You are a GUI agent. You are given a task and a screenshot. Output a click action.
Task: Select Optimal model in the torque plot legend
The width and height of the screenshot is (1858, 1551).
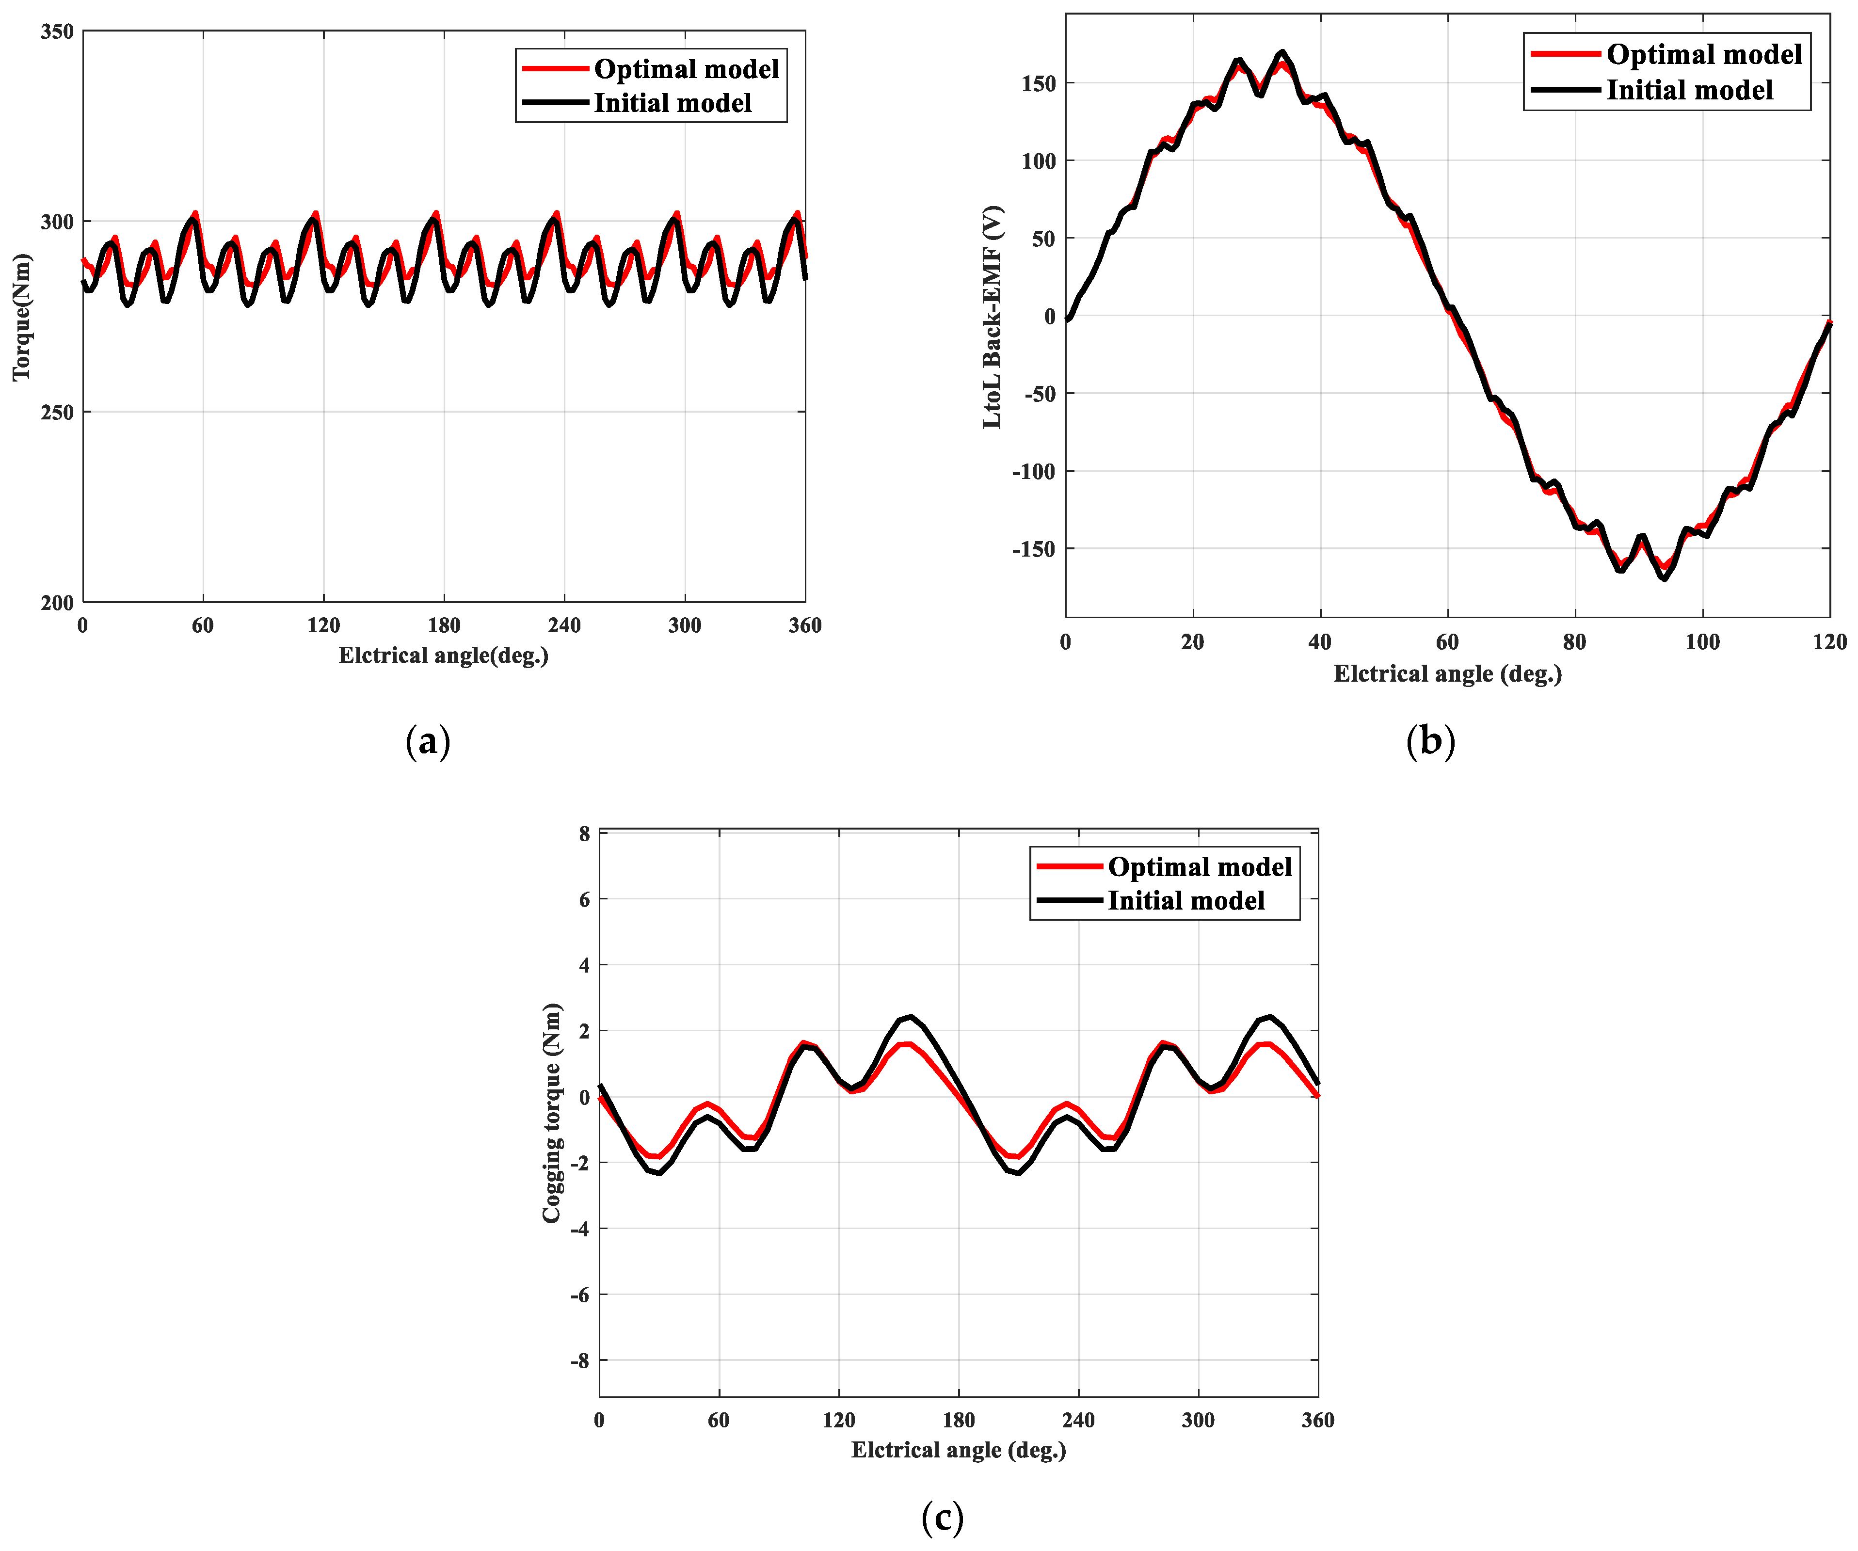coord(686,69)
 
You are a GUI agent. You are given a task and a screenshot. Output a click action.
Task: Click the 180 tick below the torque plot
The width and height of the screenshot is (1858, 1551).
coord(443,625)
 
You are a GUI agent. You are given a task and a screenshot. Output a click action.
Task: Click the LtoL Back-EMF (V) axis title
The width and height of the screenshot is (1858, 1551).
coord(992,317)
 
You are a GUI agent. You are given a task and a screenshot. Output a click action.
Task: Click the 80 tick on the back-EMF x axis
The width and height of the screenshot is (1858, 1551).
coord(1575,642)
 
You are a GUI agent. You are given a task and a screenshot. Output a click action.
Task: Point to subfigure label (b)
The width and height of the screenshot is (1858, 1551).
coord(1430,740)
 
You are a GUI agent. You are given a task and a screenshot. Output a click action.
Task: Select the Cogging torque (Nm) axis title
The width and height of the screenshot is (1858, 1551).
coord(552,1113)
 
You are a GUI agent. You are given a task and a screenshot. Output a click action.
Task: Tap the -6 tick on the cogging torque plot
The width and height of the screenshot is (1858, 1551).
coord(579,1295)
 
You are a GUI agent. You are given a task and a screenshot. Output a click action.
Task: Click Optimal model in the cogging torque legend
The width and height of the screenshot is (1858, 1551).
coord(1199,866)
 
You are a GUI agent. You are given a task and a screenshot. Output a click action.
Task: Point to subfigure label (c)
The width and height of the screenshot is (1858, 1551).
coord(942,1518)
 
